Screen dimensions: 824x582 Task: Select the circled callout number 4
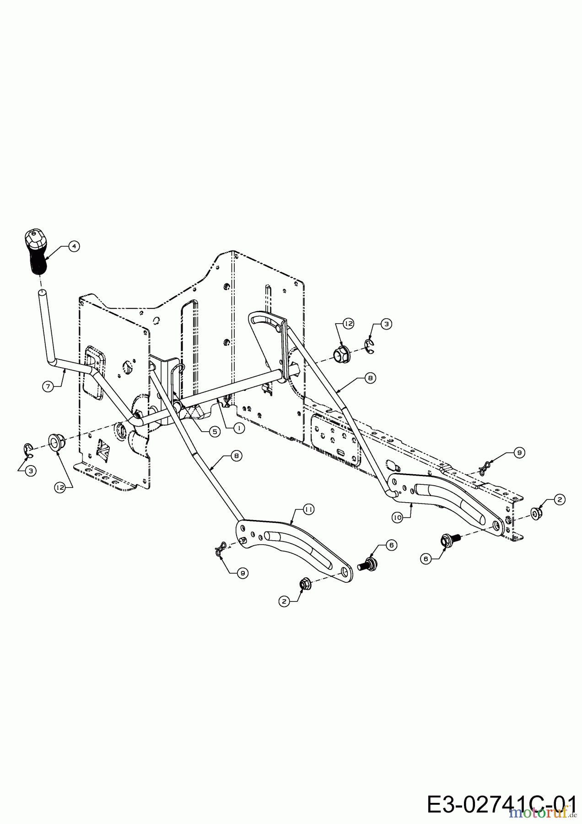point(73,246)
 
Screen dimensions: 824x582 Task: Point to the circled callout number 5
point(214,431)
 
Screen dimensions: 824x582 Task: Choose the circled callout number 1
point(238,428)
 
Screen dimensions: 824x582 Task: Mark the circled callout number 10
point(397,517)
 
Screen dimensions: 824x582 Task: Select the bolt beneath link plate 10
point(447,541)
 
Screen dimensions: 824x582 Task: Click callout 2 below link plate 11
point(284,601)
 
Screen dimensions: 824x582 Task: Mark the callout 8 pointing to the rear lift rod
point(370,378)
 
